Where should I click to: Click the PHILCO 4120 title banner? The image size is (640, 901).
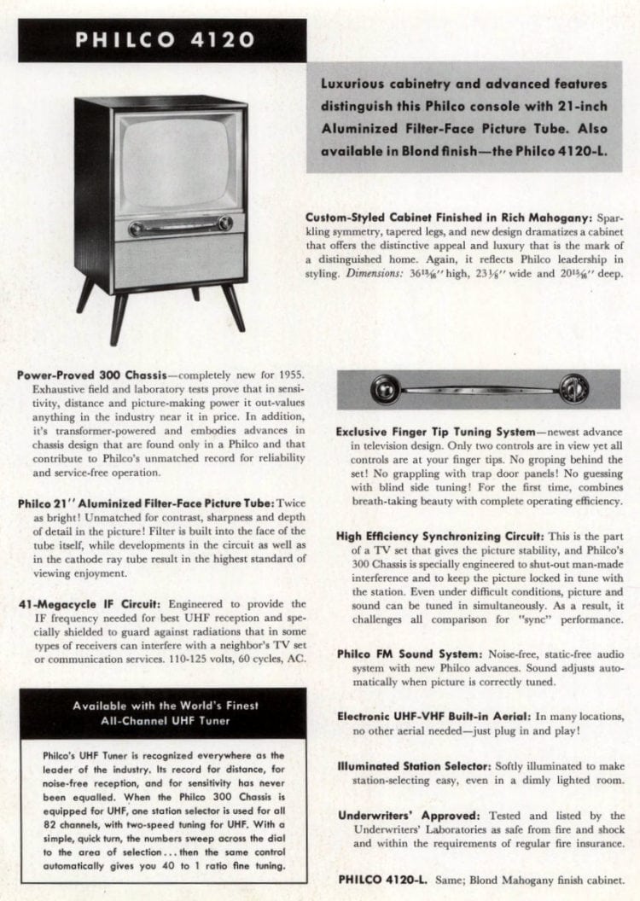(162, 40)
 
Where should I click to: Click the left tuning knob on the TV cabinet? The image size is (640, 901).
(136, 229)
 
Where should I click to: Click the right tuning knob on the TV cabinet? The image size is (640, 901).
(225, 224)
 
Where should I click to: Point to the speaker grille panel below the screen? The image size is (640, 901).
(179, 261)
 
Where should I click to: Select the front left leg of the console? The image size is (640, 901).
(118, 317)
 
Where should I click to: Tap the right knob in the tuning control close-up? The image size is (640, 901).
(573, 388)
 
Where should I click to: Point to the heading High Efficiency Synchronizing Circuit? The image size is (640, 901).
(439, 536)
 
